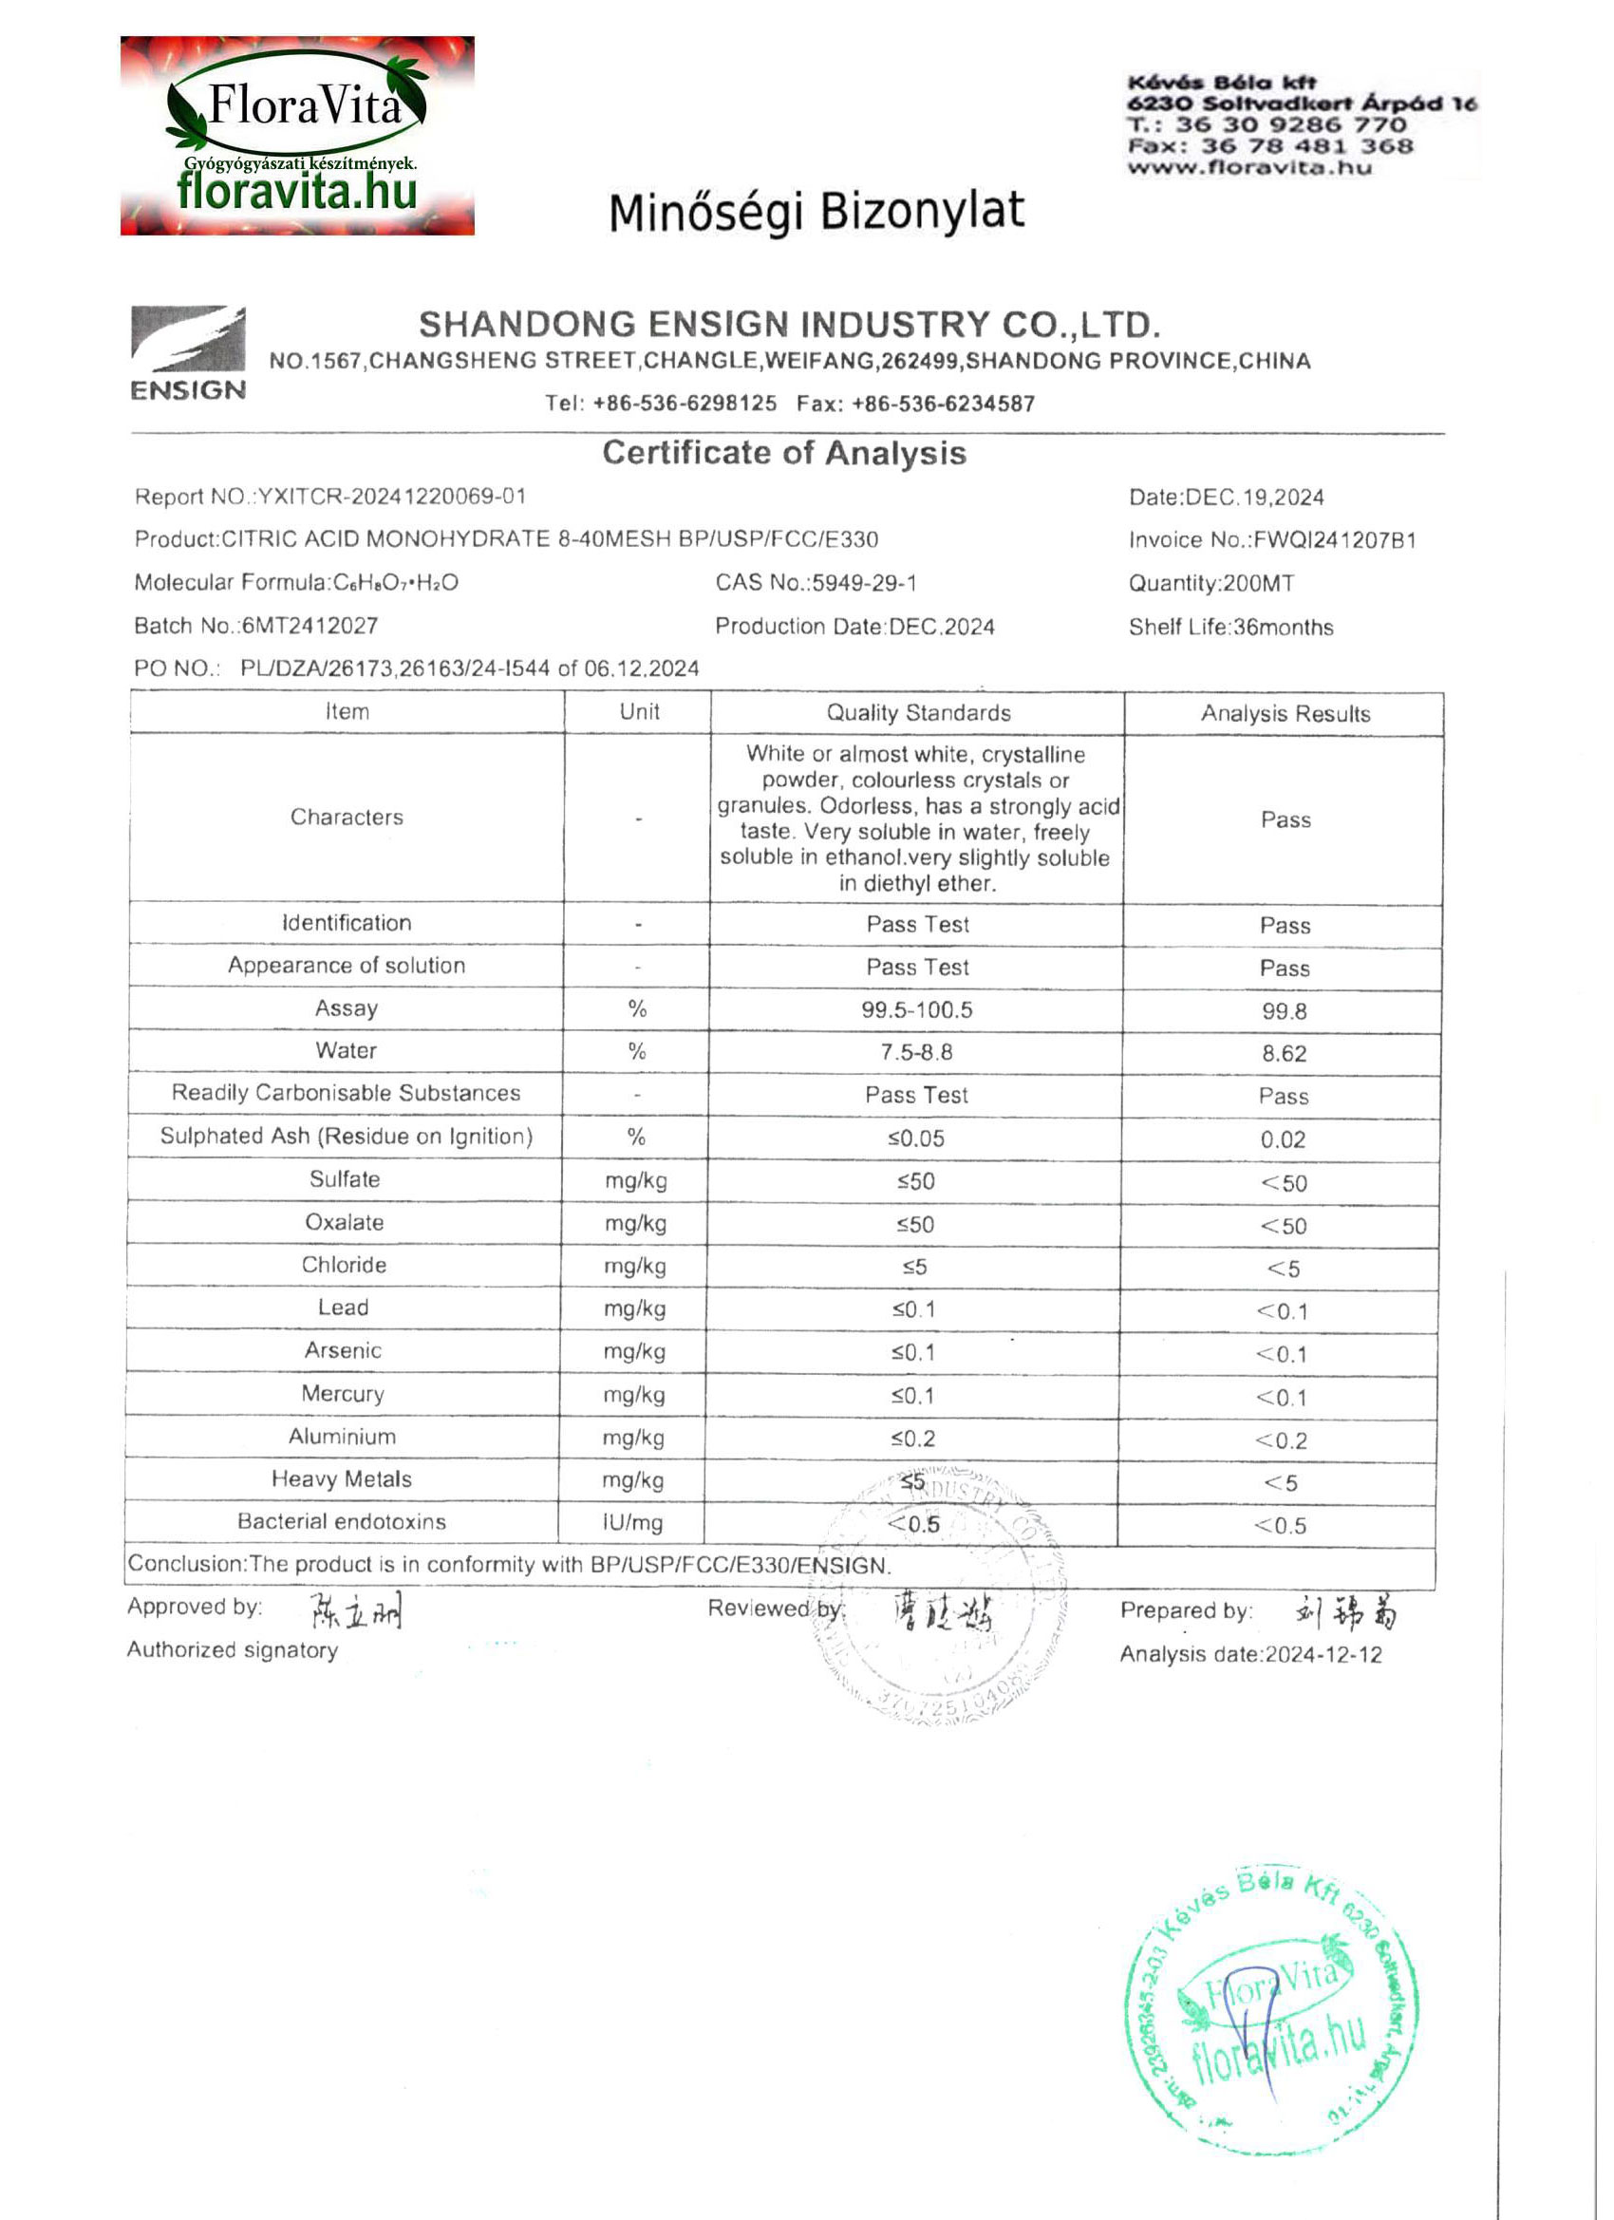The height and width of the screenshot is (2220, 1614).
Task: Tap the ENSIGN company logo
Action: (x=188, y=352)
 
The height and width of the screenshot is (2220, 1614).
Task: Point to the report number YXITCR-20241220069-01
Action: (x=391, y=497)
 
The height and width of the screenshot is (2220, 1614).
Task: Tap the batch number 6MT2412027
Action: (x=310, y=626)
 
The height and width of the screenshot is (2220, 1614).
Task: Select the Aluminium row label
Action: (x=342, y=1436)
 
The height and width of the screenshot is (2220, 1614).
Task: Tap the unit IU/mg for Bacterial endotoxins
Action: (x=632, y=1522)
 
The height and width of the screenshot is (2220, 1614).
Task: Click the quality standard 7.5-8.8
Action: (x=916, y=1052)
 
